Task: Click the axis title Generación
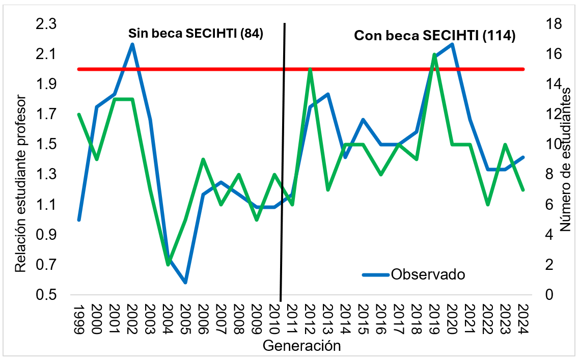point(301,346)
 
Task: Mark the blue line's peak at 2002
point(132,44)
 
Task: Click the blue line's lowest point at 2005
point(186,282)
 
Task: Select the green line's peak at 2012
point(310,69)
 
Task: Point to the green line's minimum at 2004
point(168,265)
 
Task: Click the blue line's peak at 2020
point(452,44)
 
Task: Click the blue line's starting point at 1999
point(79,219)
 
